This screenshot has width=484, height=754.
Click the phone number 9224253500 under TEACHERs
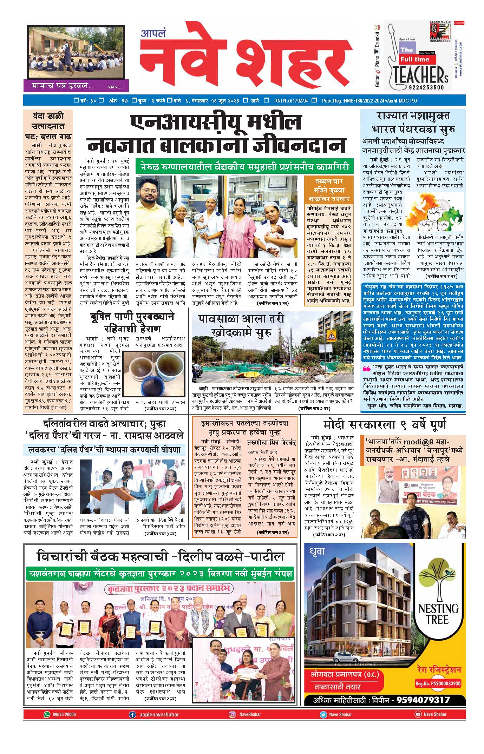click(426, 87)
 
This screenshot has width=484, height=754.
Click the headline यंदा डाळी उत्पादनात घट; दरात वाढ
click(48, 125)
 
